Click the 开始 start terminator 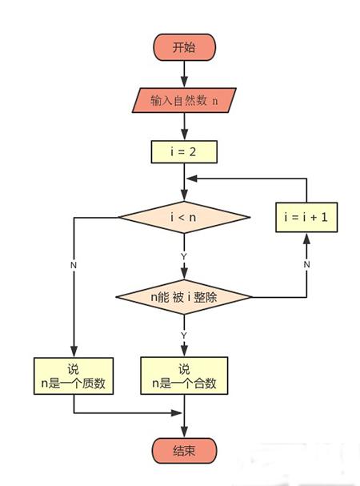coord(184,47)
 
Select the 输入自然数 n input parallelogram coord(184,100)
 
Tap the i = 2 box coord(184,152)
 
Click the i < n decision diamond coord(184,217)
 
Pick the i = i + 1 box coord(306,217)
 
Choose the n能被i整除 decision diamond coord(184,297)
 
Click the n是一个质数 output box coord(74,376)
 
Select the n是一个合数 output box coord(184,376)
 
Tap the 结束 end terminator coord(184,451)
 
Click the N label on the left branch coord(74,265)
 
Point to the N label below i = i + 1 coord(306,264)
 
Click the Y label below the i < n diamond coord(184,256)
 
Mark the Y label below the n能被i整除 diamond coord(184,335)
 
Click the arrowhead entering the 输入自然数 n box coord(184,82)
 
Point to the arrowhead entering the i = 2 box coord(184,135)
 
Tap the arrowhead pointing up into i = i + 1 coord(306,239)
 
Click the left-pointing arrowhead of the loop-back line coord(192,179)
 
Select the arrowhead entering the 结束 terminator coord(184,432)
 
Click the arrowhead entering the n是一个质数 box coord(74,351)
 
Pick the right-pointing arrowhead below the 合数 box coord(177,413)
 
